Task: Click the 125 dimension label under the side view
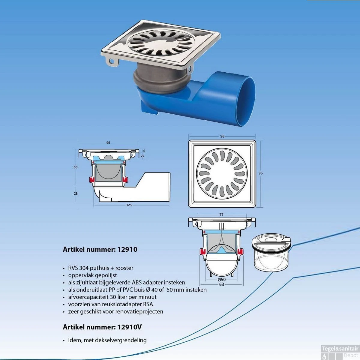point(129,205)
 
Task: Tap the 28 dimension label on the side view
point(76,193)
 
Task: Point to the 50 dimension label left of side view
point(76,167)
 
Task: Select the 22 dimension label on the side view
point(142,156)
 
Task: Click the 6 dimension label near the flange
point(144,151)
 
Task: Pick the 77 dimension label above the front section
point(221,215)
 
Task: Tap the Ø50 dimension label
point(222,280)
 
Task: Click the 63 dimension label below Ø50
point(222,284)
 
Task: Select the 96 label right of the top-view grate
point(261,173)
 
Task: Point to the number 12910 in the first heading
point(127,249)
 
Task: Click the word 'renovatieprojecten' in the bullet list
point(139,312)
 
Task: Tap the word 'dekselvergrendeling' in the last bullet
point(121,340)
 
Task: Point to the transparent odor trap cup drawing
point(271,252)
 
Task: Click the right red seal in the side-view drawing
point(125,179)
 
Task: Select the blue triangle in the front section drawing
point(222,250)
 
